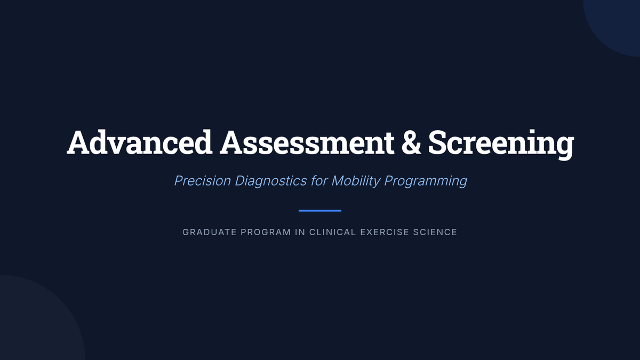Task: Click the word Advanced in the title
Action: (x=140, y=142)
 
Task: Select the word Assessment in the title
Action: (x=307, y=142)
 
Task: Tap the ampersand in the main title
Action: (x=411, y=142)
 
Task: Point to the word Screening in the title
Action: (x=501, y=145)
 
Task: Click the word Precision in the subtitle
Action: (x=203, y=181)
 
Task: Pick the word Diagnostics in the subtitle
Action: (x=271, y=181)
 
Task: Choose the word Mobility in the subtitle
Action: (x=356, y=181)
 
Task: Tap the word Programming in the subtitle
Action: (x=426, y=181)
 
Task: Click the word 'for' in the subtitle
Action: (x=319, y=181)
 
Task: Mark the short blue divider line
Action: (x=320, y=211)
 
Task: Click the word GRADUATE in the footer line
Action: (x=210, y=232)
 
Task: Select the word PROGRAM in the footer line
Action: (x=266, y=232)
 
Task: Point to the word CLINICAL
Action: (x=333, y=232)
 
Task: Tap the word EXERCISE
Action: (x=385, y=232)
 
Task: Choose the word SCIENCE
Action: (x=435, y=232)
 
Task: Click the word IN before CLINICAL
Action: (x=300, y=232)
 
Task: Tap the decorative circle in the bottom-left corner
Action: (x=37, y=320)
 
